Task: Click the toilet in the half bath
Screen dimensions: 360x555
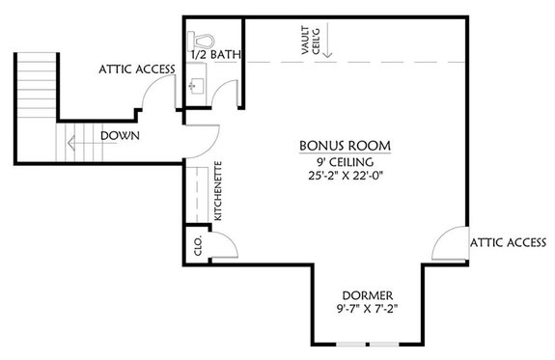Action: [202, 42]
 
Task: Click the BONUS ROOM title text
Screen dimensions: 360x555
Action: [344, 145]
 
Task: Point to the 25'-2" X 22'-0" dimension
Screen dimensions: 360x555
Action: [344, 180]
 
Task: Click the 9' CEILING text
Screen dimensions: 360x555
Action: [344, 163]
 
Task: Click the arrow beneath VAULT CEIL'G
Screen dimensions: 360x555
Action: [328, 42]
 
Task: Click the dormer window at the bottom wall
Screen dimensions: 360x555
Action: [369, 344]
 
